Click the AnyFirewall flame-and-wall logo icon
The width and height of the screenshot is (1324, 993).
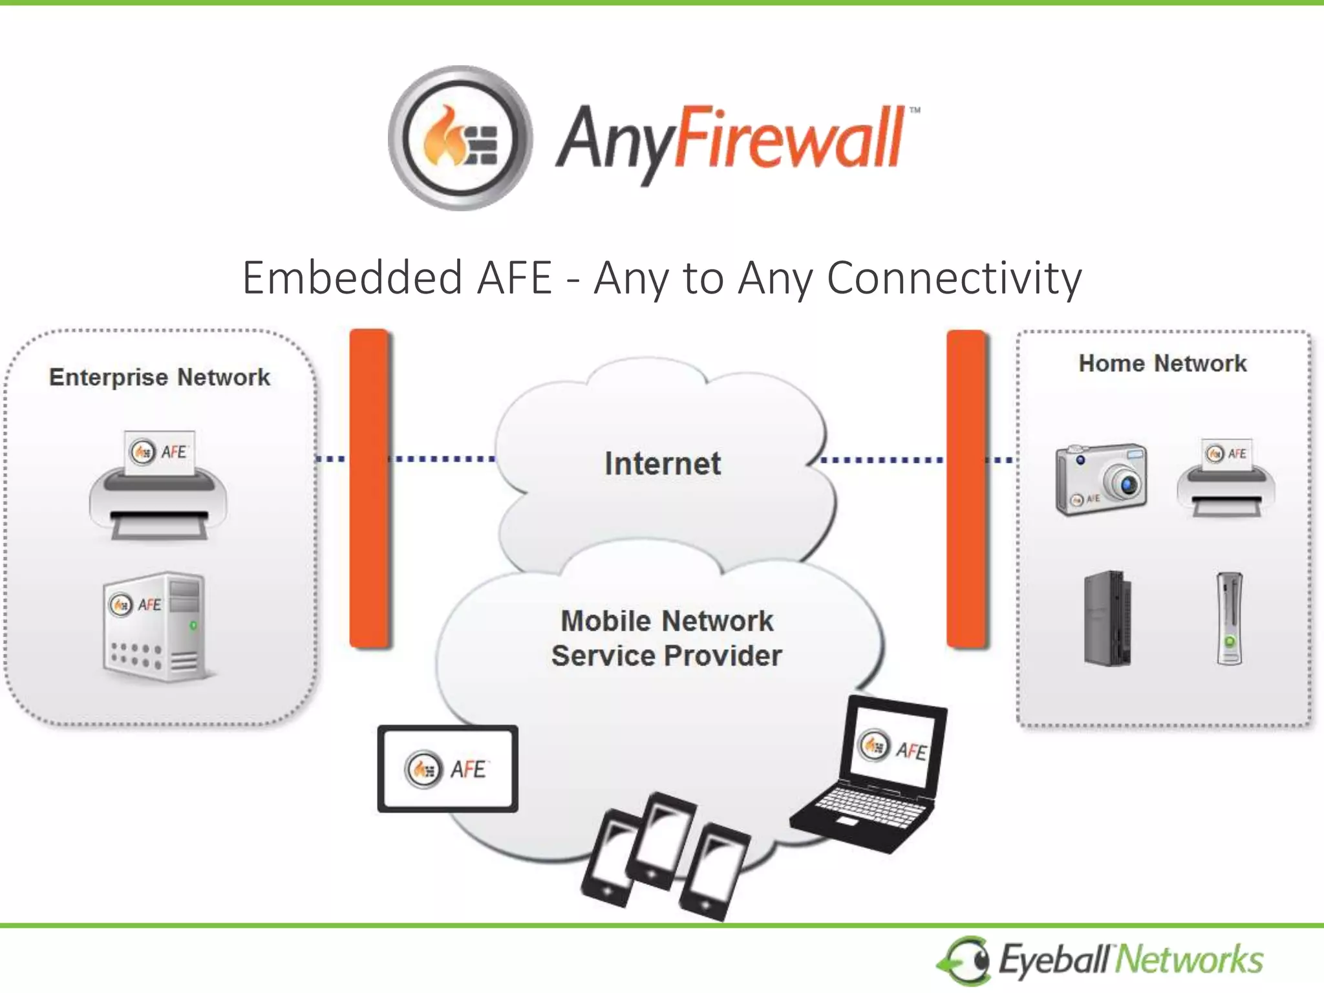pyautogui.click(x=460, y=138)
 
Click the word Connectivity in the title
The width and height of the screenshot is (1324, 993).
pyautogui.click(x=954, y=278)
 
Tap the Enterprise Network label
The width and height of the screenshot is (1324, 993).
pyautogui.click(x=160, y=377)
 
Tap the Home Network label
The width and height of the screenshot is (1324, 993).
pyautogui.click(x=1162, y=363)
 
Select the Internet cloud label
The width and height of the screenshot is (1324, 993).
pyautogui.click(x=663, y=464)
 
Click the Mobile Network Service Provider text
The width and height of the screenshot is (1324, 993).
pyautogui.click(x=667, y=638)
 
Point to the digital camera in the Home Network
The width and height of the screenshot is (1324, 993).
pyautogui.click(x=1101, y=480)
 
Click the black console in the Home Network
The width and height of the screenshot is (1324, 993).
pyautogui.click(x=1107, y=618)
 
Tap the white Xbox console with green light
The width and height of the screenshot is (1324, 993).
pyautogui.click(x=1229, y=619)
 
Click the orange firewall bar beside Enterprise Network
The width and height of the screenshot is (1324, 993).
pyautogui.click(x=369, y=488)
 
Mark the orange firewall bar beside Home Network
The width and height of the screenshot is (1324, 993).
pyautogui.click(x=966, y=488)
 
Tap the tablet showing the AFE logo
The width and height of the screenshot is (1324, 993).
pyautogui.click(x=448, y=769)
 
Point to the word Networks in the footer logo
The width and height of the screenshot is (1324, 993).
pyautogui.click(x=1190, y=959)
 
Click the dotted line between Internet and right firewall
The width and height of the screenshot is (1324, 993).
pyautogui.click(x=882, y=460)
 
